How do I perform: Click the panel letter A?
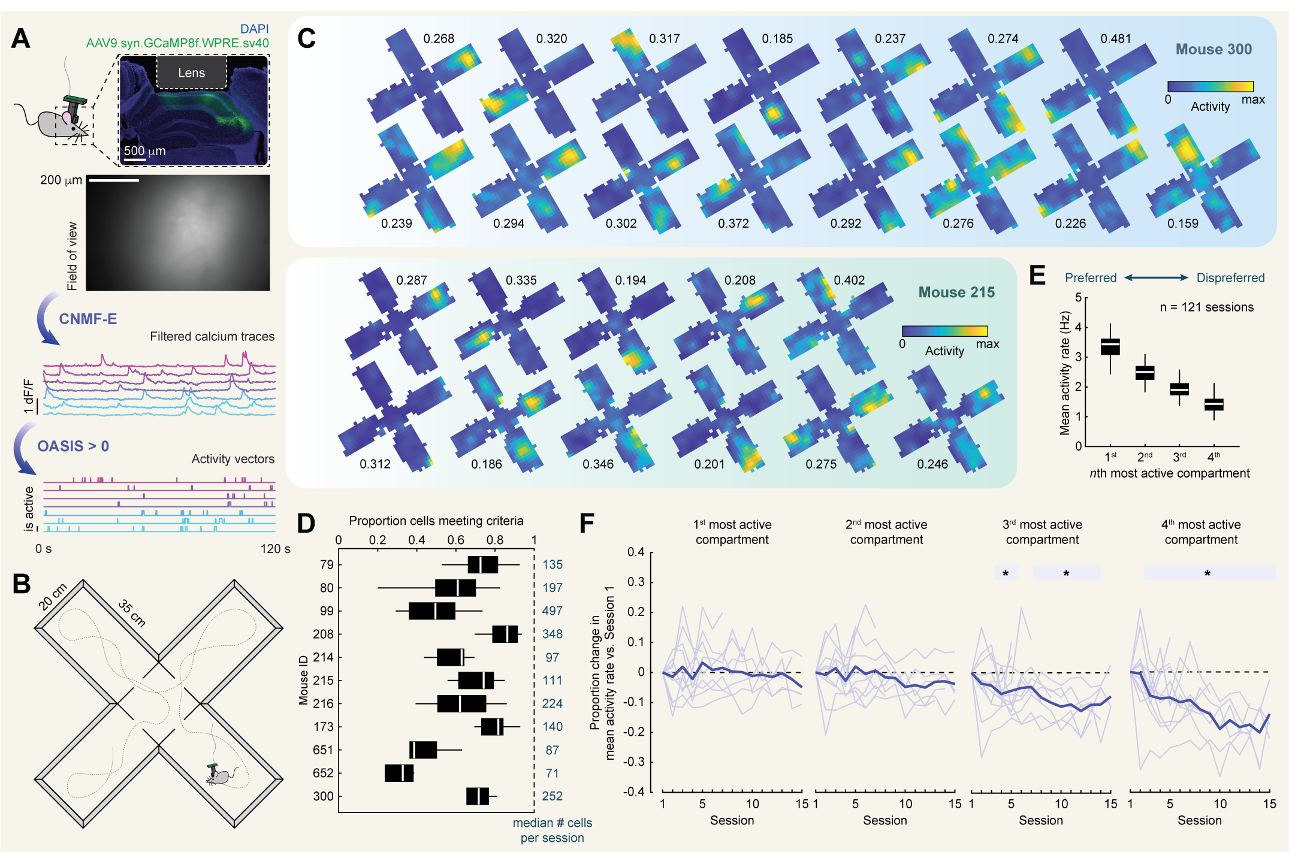(x=21, y=39)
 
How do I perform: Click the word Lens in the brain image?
(x=191, y=73)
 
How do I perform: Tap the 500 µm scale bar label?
(x=144, y=151)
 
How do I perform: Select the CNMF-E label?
(x=87, y=319)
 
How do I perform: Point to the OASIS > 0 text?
(x=73, y=446)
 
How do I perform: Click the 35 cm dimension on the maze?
(x=132, y=613)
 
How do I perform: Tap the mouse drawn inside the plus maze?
(x=219, y=776)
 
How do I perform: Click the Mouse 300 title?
(x=1213, y=49)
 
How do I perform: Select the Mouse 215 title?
(x=956, y=292)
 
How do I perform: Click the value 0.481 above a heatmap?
(x=1115, y=39)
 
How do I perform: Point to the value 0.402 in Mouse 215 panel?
(x=849, y=280)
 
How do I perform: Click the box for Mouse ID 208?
(x=505, y=634)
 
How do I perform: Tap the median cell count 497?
(x=552, y=611)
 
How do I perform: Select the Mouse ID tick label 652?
(x=323, y=773)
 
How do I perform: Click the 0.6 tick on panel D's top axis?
(x=455, y=540)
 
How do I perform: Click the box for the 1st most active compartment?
(x=1110, y=347)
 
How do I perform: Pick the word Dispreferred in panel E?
(x=1230, y=278)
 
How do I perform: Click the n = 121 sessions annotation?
(x=1206, y=307)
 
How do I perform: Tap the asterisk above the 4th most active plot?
(x=1208, y=573)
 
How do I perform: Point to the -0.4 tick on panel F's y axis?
(x=634, y=791)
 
